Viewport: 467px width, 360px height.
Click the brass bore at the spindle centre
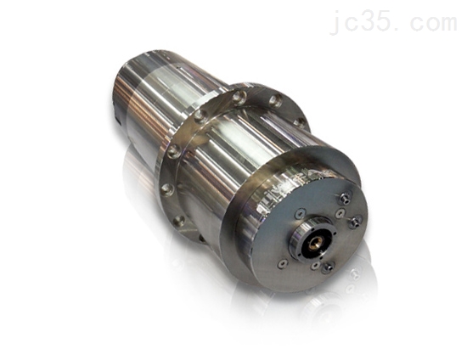(x=315, y=243)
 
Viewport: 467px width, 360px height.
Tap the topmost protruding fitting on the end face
(x=346, y=198)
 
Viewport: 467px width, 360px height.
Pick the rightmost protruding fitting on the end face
(x=355, y=222)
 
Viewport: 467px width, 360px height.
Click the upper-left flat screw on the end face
(x=300, y=213)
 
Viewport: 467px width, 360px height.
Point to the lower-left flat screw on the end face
(x=283, y=263)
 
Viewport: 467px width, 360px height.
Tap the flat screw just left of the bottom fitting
(x=316, y=265)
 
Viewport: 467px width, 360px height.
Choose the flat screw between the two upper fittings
(x=340, y=213)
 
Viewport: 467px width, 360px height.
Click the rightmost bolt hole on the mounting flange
(x=300, y=122)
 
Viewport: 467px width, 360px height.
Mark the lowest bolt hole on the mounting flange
(x=179, y=221)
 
